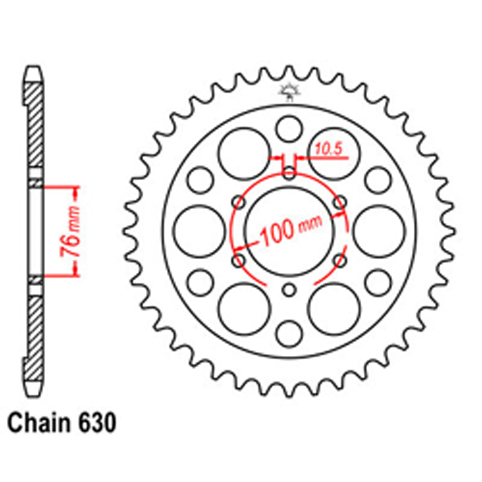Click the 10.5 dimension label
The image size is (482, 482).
[329, 149]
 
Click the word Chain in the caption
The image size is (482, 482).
[38, 424]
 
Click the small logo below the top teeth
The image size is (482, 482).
[289, 92]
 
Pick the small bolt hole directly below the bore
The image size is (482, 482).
[289, 290]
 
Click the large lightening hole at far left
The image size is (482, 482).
[199, 231]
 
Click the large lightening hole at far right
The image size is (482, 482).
[379, 231]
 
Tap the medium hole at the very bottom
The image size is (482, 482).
[289, 334]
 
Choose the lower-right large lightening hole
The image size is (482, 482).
[334, 309]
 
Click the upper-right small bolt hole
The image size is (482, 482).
[340, 201]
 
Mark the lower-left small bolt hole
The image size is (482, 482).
[238, 261]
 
